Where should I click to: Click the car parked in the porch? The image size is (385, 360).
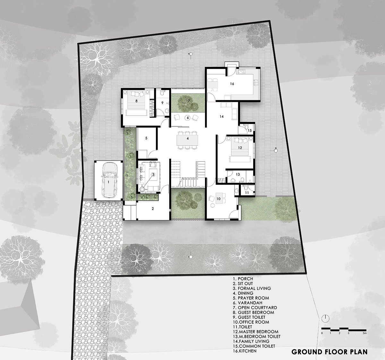[109, 180]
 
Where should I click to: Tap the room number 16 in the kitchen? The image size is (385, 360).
[232, 84]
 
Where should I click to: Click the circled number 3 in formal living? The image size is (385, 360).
[153, 174]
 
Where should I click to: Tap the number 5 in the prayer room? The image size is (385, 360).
[146, 138]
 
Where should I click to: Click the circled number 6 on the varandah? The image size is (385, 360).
[188, 117]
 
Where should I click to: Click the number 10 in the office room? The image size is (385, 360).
[218, 199]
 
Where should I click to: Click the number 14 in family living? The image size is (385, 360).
[221, 117]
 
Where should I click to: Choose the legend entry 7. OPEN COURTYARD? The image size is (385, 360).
[255, 308]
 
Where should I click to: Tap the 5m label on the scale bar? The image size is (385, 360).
[364, 334]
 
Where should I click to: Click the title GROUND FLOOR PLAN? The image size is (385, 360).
[329, 352]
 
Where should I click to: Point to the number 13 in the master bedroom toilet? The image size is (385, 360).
[237, 174]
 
